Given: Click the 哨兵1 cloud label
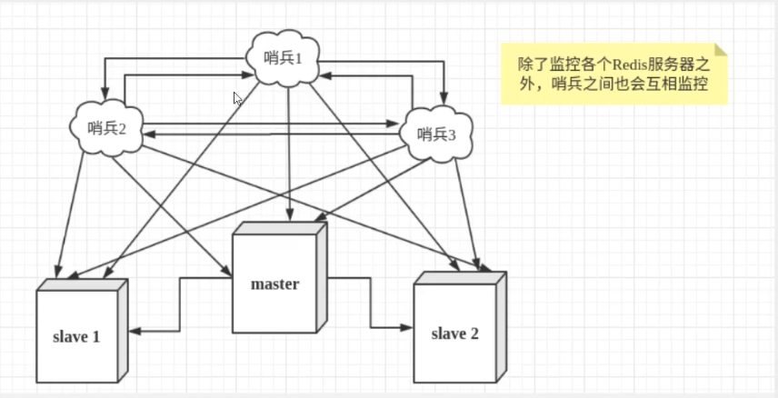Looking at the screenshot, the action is pos(283,58).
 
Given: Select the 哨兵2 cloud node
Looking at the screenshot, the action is pos(106,127).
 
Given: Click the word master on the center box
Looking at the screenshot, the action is pos(274,284).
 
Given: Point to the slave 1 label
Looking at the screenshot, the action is pos(76,337).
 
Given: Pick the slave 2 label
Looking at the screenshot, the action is pos(455,333).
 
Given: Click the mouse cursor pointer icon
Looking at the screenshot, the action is pos(237,99).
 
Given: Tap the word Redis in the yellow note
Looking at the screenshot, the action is pos(626,65).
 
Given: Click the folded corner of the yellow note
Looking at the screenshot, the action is pos(721,49).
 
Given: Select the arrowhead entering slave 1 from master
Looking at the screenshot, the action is pos(134,331).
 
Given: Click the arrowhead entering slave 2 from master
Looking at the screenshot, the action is pos(407,327).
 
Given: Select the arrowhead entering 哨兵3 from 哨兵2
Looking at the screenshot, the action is pos(394,123).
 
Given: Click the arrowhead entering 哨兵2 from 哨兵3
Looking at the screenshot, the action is pos(149,134).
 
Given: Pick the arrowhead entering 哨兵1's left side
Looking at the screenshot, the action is pos(248,75).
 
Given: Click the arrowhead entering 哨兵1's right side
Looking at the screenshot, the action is pos(325,76).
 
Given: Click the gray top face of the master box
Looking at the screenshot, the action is pos(280,228).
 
